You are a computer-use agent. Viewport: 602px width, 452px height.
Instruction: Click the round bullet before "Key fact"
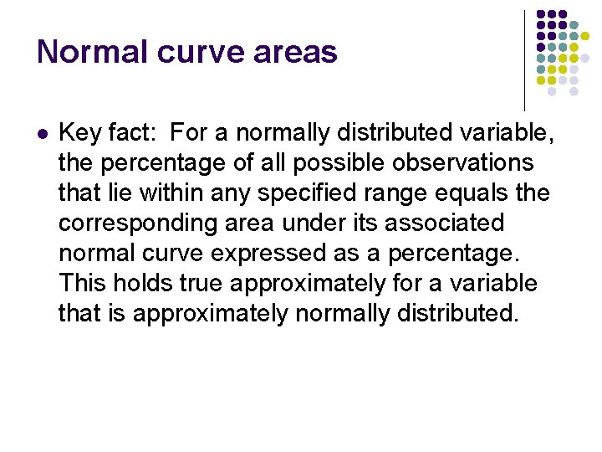[43, 132]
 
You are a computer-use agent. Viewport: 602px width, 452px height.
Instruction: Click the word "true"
[202, 283]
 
